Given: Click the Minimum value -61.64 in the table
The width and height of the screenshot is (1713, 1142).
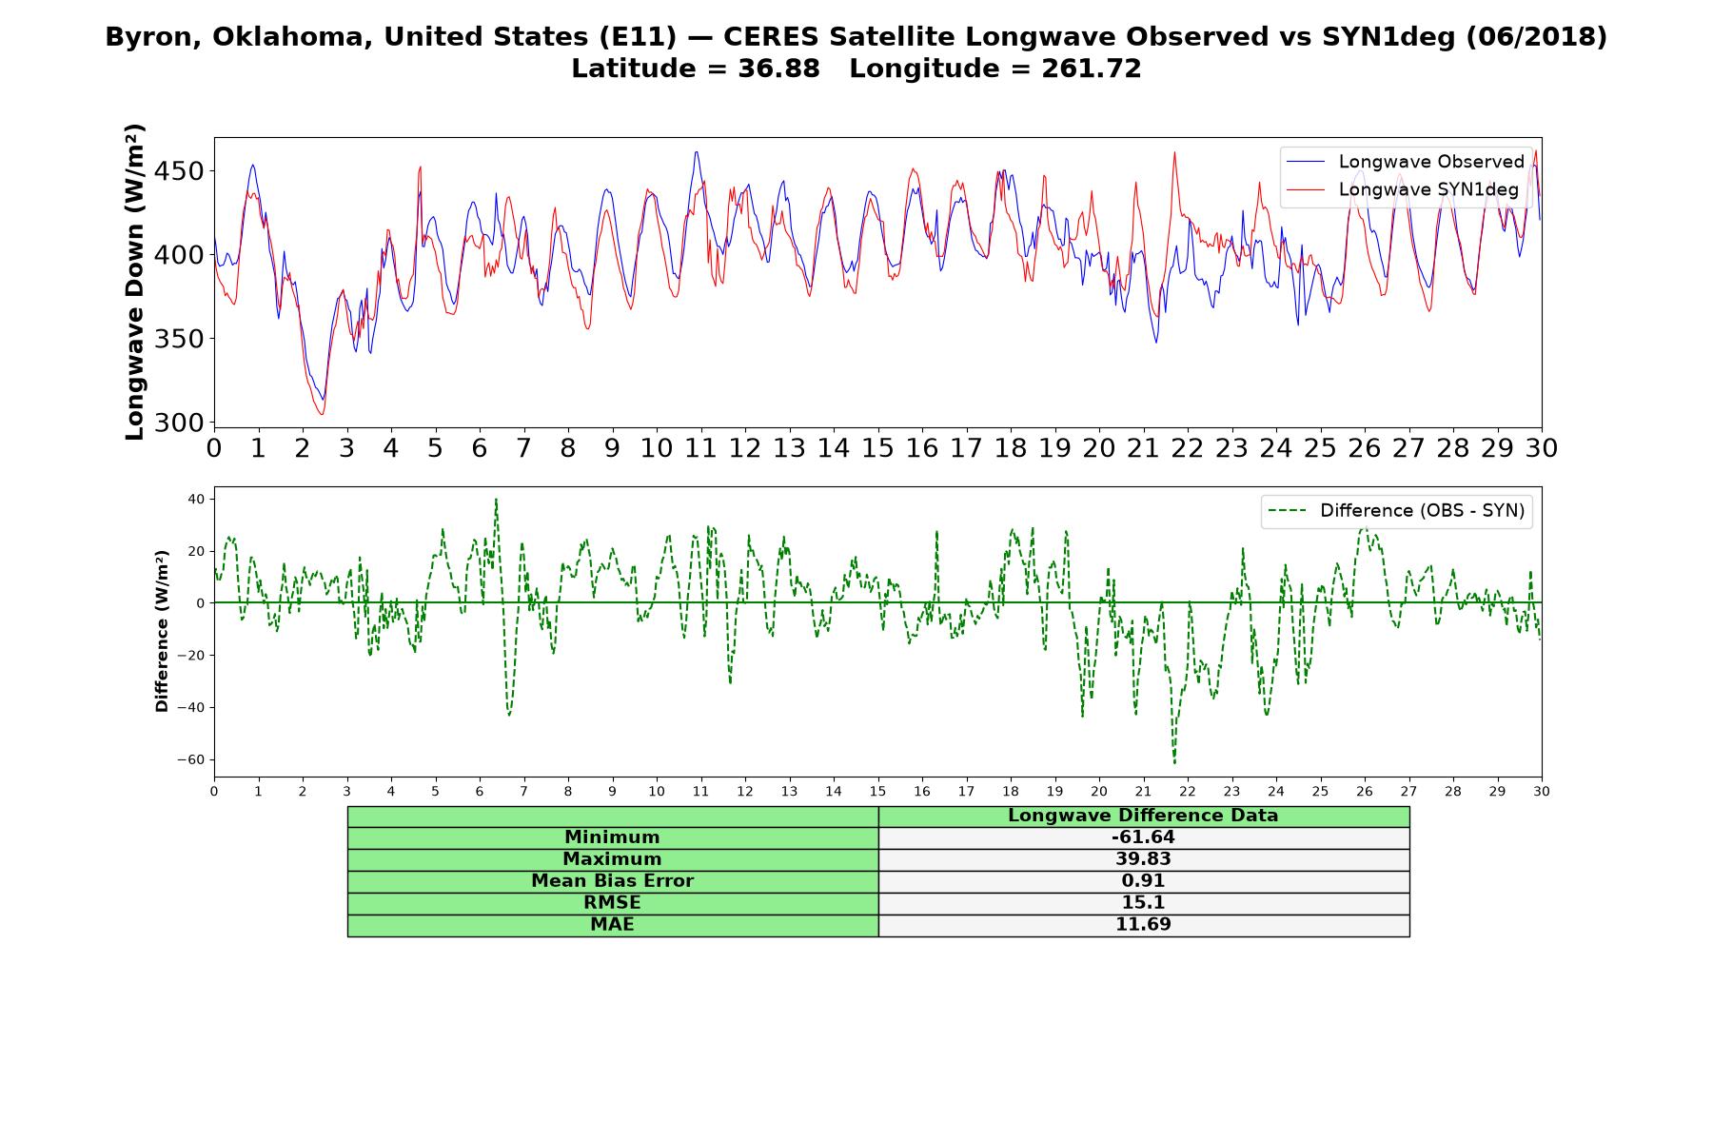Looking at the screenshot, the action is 1143,837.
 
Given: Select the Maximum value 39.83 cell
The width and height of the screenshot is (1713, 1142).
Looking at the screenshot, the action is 1143,859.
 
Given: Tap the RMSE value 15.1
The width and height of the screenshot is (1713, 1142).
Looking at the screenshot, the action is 1143,902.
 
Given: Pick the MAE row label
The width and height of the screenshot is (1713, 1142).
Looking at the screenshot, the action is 612,924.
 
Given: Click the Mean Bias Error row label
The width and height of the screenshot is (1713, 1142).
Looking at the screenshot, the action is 612,881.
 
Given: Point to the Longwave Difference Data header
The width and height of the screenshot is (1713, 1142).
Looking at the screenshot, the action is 1143,816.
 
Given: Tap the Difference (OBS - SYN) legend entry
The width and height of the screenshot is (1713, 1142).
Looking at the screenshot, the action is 1395,511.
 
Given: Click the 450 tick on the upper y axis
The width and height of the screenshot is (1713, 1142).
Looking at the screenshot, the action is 181,171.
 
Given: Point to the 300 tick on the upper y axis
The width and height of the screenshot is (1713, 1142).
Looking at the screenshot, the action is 181,423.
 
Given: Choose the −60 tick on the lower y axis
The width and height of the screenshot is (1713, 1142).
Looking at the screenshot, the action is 191,759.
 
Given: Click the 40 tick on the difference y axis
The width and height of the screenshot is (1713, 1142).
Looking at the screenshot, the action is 197,499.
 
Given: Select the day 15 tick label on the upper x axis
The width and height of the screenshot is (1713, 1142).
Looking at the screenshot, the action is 877,448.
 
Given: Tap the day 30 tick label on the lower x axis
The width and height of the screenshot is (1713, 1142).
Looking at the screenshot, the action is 1542,792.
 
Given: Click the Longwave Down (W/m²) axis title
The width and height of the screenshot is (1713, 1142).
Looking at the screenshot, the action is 134,282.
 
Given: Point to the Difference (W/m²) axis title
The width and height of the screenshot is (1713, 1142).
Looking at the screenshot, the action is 162,631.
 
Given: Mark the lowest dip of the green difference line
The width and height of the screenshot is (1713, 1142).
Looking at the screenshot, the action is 1174,762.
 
